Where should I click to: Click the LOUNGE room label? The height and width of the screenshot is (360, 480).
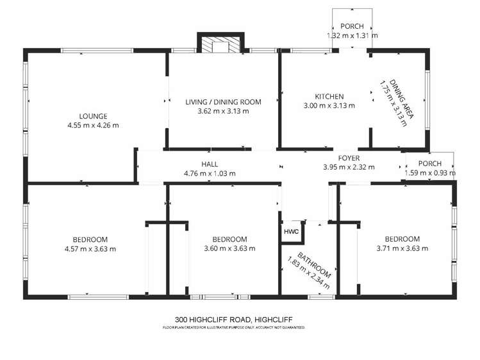tap(93, 116)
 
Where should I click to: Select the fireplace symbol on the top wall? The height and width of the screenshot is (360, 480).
tap(219, 45)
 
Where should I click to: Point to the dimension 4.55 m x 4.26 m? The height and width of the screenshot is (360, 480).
tap(93, 125)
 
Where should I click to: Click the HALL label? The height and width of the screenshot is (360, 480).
tap(210, 164)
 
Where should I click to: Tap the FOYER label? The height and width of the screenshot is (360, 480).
tap(349, 158)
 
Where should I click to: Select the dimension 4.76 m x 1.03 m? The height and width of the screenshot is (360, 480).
tap(210, 173)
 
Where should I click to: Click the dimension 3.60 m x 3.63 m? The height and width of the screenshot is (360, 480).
tap(229, 249)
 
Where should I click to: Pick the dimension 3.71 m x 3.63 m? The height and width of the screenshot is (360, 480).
tap(402, 249)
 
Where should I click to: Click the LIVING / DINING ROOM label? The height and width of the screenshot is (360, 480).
tap(223, 102)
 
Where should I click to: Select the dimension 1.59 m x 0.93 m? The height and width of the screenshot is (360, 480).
tap(430, 172)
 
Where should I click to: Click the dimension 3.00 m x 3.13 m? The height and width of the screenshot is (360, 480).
tap(329, 106)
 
